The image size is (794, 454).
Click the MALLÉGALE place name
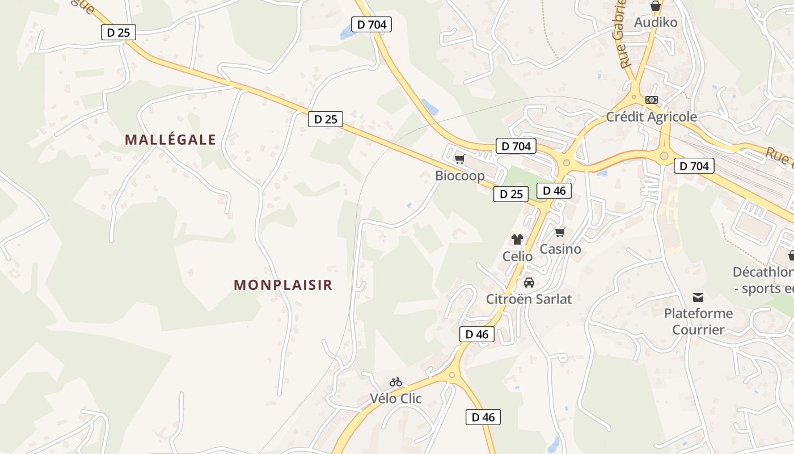click(x=171, y=140)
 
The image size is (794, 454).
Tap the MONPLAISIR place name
click(x=283, y=285)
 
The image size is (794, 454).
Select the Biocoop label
click(x=460, y=175)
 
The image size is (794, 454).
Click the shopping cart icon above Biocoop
click(x=460, y=159)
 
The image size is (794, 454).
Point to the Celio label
click(x=517, y=257)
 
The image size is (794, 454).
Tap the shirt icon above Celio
click(x=517, y=239)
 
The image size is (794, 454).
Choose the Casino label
click(x=560, y=249)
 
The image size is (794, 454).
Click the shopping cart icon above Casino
click(x=560, y=232)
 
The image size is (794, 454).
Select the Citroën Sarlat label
click(x=529, y=299)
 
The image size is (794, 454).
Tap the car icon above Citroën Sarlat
click(x=529, y=283)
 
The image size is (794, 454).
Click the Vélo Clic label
click(x=396, y=398)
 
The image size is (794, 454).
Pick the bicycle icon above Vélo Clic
click(x=396, y=382)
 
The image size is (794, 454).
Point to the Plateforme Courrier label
click(x=698, y=321)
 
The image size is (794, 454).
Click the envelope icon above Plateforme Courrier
click(x=698, y=297)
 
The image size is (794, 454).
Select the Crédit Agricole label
click(x=652, y=117)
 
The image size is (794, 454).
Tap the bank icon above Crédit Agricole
click(x=652, y=100)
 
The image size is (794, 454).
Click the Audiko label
click(x=656, y=23)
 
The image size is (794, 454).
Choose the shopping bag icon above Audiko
click(x=656, y=6)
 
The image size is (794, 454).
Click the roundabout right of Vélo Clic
click(x=452, y=375)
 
